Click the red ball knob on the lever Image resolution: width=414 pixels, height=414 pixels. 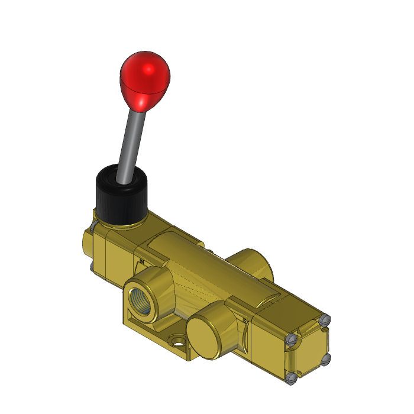click(x=145, y=80)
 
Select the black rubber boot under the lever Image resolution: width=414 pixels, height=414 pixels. click(x=121, y=198)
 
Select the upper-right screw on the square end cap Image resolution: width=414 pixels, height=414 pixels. click(x=324, y=320)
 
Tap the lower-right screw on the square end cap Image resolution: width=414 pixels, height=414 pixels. click(x=325, y=359)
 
